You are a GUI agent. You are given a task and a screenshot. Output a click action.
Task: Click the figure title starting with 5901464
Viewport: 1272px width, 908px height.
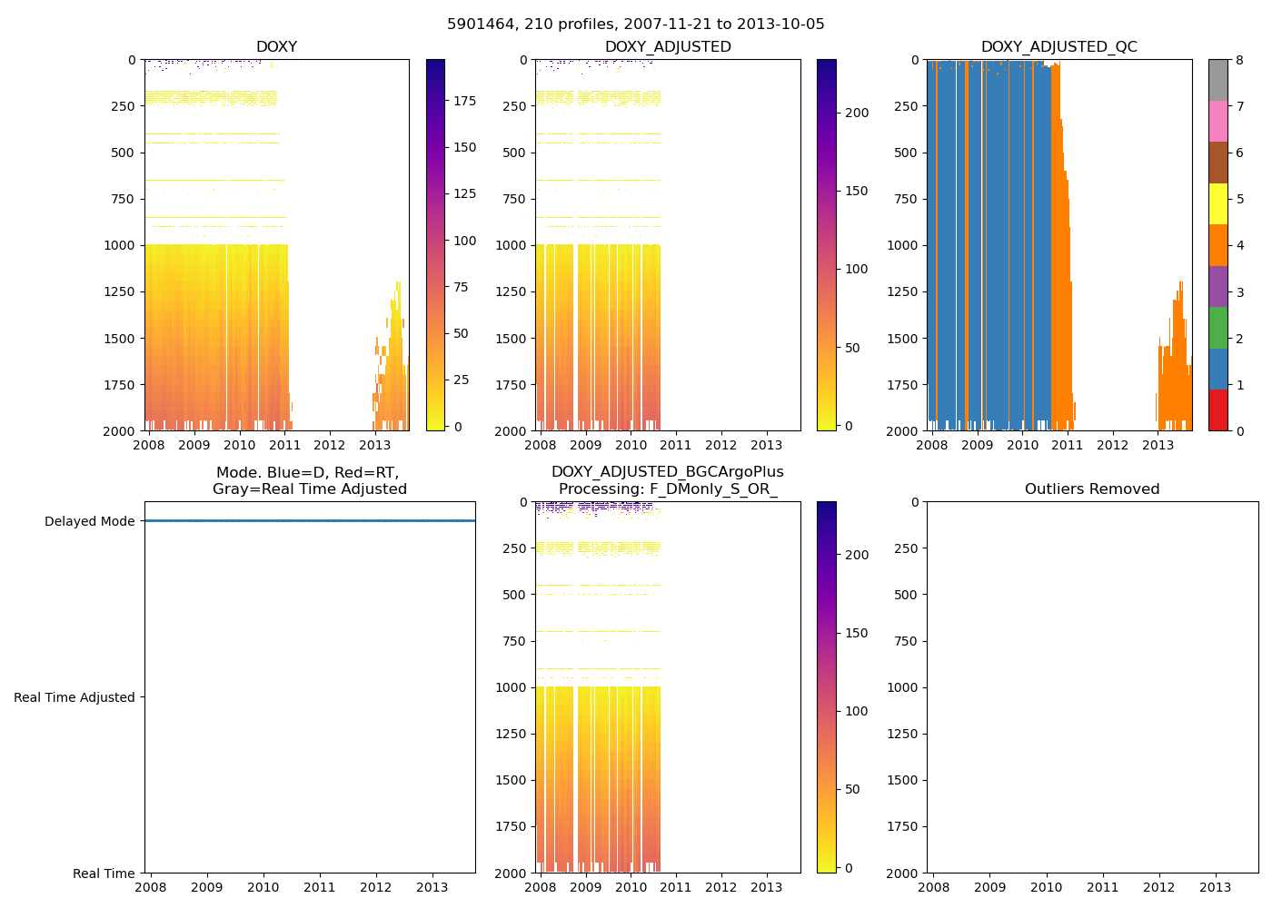(636, 25)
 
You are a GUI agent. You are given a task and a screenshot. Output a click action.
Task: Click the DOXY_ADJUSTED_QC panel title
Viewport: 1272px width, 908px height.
(1058, 47)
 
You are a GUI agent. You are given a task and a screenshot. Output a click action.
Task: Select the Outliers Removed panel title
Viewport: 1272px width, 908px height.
(1092, 489)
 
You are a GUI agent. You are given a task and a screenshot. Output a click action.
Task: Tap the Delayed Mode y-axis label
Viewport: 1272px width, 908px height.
(89, 521)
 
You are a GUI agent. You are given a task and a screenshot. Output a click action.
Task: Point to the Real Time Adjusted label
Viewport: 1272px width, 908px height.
(75, 697)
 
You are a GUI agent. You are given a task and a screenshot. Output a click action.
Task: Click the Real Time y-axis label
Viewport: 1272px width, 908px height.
(104, 873)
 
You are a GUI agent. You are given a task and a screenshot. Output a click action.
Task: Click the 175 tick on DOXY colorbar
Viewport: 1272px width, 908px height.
(464, 101)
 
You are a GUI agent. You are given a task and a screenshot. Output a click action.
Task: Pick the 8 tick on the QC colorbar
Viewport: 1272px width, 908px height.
(1239, 60)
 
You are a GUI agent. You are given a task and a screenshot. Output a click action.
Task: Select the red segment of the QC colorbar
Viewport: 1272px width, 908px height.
(1218, 410)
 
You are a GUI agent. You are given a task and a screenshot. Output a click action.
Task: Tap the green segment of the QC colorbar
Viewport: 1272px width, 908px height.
(1218, 327)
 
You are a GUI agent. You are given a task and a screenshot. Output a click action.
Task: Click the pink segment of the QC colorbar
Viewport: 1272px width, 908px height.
(1218, 121)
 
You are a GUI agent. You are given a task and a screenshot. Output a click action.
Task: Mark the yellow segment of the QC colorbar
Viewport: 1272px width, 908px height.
(1218, 203)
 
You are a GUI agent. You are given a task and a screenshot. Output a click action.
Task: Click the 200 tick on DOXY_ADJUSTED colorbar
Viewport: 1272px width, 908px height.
(857, 113)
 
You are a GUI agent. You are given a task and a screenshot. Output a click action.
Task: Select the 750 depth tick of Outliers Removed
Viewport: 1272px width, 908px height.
(905, 641)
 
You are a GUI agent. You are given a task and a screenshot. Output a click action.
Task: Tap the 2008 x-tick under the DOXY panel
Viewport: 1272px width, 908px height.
(149, 445)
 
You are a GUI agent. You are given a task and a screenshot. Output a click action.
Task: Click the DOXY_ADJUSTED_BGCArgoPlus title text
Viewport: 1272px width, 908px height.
(667, 472)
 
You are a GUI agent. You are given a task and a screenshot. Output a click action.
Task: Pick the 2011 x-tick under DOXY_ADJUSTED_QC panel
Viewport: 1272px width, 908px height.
(1067, 445)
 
